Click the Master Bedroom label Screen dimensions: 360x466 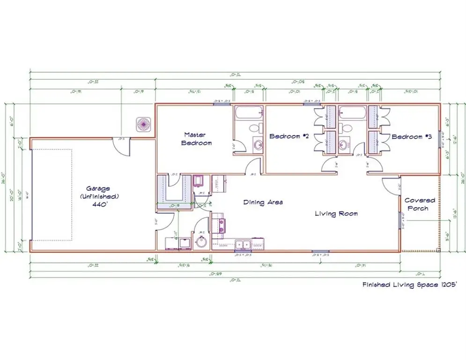click(x=196, y=138)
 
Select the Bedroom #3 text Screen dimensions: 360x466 click(x=411, y=137)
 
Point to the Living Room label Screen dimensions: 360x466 click(x=336, y=214)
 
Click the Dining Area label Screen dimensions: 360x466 click(x=263, y=202)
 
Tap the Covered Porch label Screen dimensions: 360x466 click(x=420, y=204)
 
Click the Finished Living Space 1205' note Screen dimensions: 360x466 click(x=407, y=285)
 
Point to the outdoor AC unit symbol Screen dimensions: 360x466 click(x=142, y=125)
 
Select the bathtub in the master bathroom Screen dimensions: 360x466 click(x=248, y=113)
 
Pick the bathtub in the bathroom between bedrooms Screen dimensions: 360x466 click(x=351, y=113)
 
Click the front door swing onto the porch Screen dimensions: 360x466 click(x=391, y=185)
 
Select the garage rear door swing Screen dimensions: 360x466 click(x=123, y=146)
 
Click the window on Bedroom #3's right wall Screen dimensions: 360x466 click(x=439, y=139)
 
